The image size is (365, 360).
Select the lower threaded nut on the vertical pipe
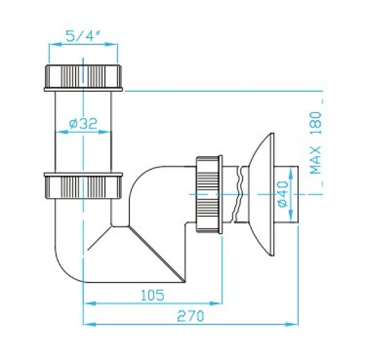click(x=83, y=186)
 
